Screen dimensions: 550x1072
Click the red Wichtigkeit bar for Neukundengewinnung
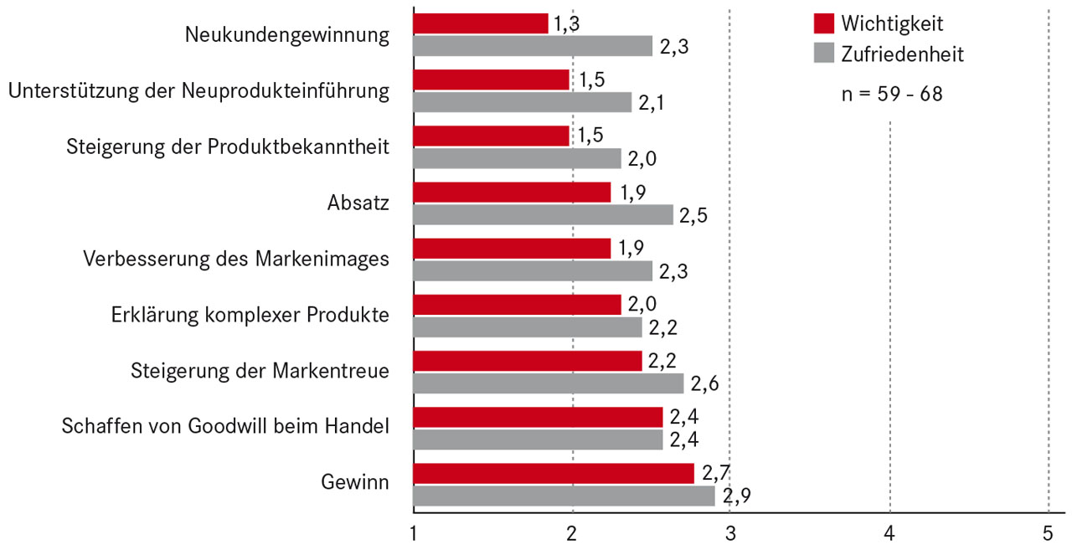tap(481, 23)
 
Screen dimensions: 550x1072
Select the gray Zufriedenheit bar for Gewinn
tap(564, 496)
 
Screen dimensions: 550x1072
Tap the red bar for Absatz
tap(512, 193)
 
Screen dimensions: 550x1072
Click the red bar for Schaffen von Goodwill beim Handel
tap(538, 417)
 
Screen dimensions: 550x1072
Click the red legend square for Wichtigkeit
tap(824, 23)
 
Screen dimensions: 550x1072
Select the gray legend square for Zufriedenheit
tap(824, 54)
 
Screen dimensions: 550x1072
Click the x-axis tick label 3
tap(731, 532)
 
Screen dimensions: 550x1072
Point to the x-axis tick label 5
tap(1048, 532)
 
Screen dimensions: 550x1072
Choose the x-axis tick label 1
tap(414, 532)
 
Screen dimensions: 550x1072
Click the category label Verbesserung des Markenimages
tap(236, 259)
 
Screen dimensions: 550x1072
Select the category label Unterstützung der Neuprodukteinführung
tap(198, 90)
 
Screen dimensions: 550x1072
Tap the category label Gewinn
tap(355, 483)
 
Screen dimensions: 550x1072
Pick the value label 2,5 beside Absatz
tap(693, 215)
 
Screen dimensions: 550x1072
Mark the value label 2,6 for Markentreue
tap(704, 384)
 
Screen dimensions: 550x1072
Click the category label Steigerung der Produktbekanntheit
tap(227, 146)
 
